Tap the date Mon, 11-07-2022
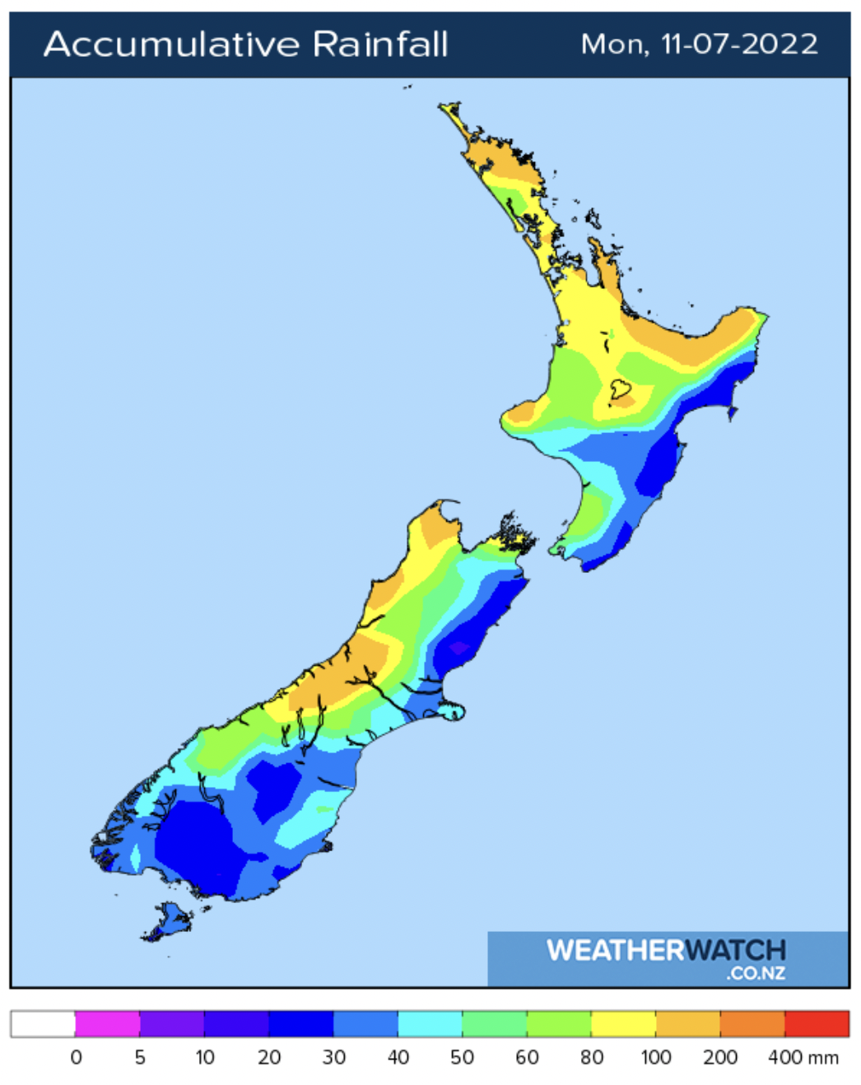[699, 44]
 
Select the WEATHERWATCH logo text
[666, 950]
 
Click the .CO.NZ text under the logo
[755, 974]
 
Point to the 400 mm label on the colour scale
[803, 1057]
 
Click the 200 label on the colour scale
[719, 1057]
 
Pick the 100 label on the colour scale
[655, 1057]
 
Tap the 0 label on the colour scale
[76, 1057]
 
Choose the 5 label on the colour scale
[140, 1057]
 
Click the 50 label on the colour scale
[462, 1057]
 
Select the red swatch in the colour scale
[817, 1023]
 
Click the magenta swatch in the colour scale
[107, 1023]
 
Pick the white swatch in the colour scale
[43, 1023]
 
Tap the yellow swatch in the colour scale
[623, 1023]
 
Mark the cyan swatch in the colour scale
[430, 1023]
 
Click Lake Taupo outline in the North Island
[620, 389]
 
